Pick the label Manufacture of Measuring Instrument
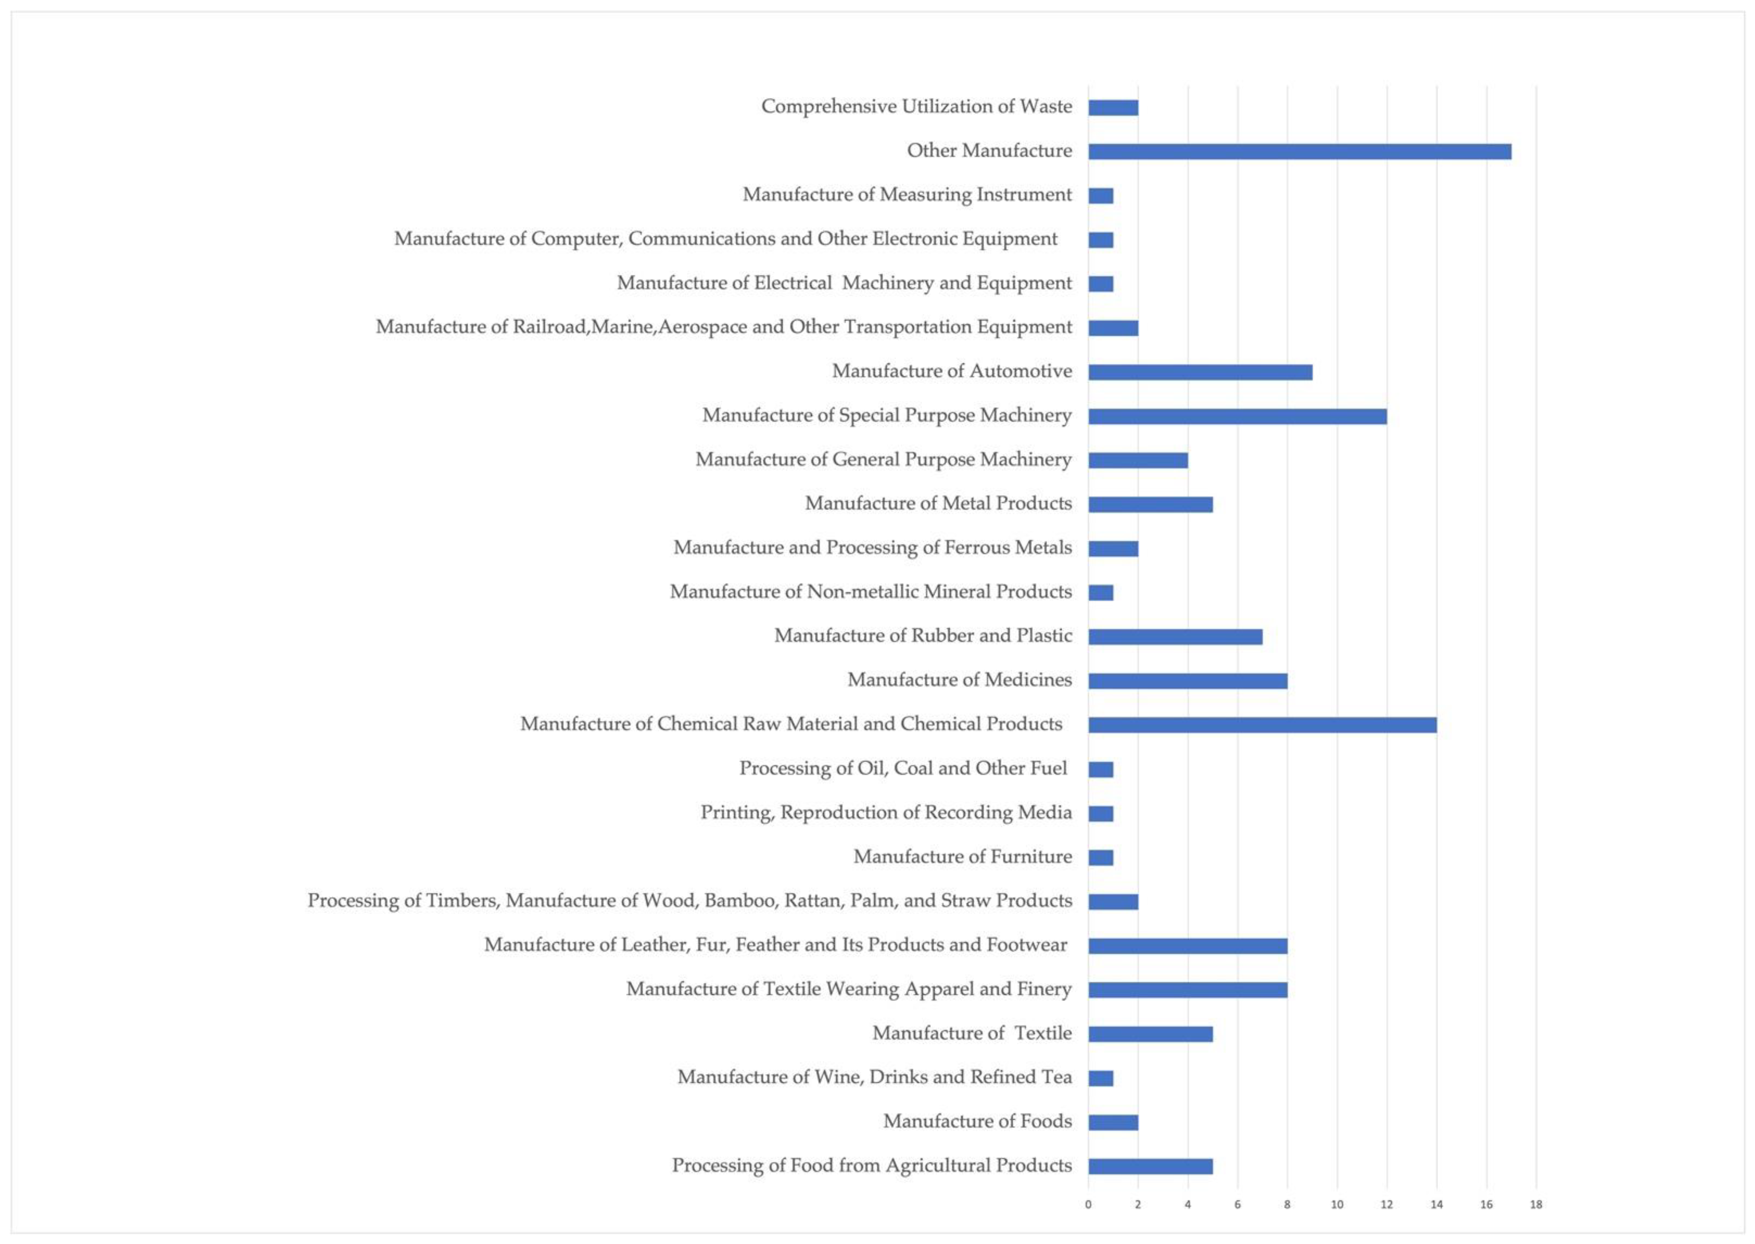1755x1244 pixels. pos(907,195)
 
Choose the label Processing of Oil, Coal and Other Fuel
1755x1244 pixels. pos(903,768)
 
